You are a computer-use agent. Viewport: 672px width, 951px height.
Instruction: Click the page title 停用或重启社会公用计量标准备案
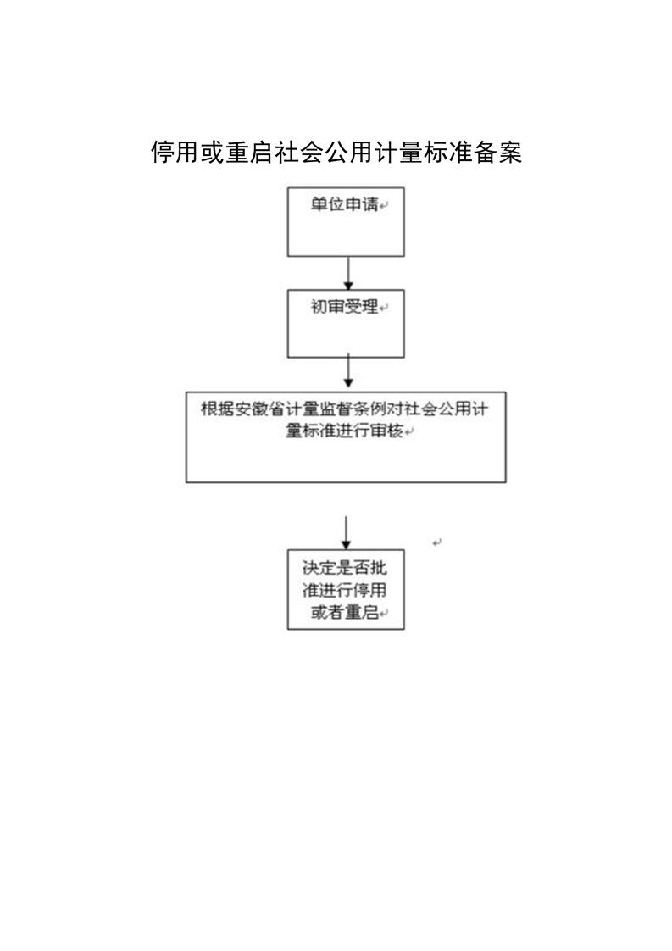336,153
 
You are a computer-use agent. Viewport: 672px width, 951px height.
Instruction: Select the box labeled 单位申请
346,222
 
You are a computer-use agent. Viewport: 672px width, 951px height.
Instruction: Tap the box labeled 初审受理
346,323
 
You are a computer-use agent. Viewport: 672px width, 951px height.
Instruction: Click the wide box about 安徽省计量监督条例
346,437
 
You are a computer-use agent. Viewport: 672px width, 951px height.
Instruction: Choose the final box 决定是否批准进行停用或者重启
346,590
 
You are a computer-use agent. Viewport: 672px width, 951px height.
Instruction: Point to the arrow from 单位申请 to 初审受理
348,273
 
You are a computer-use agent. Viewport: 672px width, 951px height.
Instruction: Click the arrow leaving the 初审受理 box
348,370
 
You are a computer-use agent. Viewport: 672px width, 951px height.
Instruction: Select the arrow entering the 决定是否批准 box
346,533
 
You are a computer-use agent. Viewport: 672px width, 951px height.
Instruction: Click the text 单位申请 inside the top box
345,204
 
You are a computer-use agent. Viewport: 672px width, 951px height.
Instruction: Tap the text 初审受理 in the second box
345,307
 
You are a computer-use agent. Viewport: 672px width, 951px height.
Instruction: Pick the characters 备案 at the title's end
497,153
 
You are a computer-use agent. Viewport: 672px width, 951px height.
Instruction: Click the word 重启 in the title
248,153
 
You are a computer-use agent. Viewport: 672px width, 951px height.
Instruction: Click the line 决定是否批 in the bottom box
345,568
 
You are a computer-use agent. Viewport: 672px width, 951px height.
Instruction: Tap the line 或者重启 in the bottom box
345,613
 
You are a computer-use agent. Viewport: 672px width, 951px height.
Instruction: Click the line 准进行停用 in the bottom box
345,590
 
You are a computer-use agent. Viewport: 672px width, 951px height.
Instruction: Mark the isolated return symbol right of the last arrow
436,542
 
